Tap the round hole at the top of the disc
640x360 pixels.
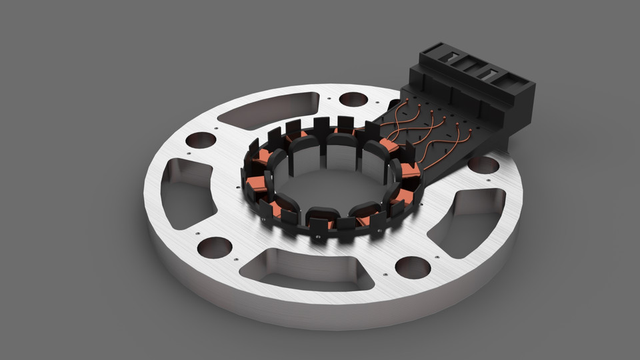click(353, 99)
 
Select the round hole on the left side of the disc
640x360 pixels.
click(200, 140)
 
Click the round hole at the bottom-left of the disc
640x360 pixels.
click(215, 247)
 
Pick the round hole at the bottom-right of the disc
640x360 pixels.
click(413, 267)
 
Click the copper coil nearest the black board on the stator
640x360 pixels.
click(389, 145)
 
